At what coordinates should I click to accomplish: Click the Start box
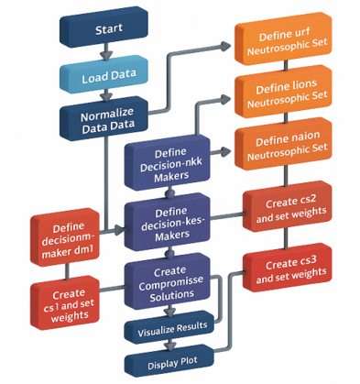point(104,27)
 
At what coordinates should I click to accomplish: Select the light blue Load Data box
point(104,75)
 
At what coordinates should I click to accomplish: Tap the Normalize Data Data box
point(104,118)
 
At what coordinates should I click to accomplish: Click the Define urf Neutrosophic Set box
point(283,39)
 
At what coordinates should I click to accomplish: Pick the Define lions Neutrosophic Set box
point(283,92)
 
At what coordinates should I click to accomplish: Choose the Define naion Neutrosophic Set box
point(283,144)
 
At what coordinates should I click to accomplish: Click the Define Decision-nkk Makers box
point(168,162)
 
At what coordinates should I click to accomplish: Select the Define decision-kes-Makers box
point(168,222)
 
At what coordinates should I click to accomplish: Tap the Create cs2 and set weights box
point(287,207)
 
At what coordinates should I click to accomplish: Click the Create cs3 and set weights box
point(287,268)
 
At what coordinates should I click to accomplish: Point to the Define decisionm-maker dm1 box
point(65,237)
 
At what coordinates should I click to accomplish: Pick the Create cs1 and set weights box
point(65,302)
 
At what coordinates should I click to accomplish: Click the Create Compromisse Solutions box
point(168,281)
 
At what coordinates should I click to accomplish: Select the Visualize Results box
point(169,327)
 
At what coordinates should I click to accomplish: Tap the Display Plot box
point(169,360)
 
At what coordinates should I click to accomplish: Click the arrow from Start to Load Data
point(106,52)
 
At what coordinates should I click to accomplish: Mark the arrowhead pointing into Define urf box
point(225,46)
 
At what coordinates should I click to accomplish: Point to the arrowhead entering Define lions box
point(225,99)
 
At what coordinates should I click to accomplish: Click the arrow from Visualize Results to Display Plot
point(170,345)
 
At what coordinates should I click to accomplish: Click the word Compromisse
point(170,283)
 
